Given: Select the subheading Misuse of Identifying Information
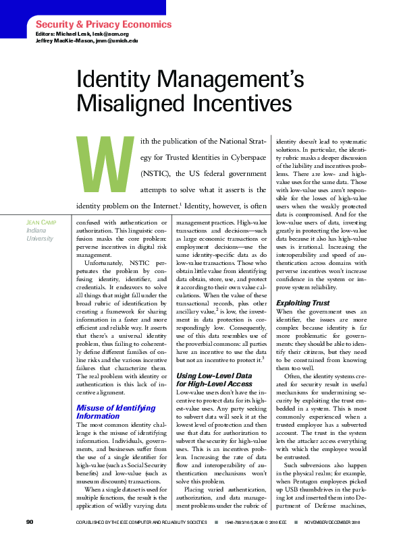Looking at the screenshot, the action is coord(108,412).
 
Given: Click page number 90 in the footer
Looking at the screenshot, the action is coord(30,523).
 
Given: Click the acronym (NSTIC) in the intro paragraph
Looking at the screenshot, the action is coord(159,173).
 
